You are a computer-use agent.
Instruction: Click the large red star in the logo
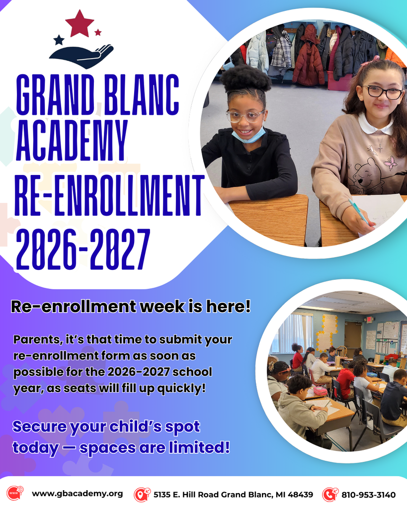80,23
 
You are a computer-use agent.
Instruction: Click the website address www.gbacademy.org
77,494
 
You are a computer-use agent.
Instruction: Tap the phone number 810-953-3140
368,495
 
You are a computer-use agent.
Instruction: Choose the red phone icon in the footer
329,494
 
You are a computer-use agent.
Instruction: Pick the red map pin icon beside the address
142,494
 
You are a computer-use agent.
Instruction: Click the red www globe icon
14,494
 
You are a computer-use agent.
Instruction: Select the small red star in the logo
98,32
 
